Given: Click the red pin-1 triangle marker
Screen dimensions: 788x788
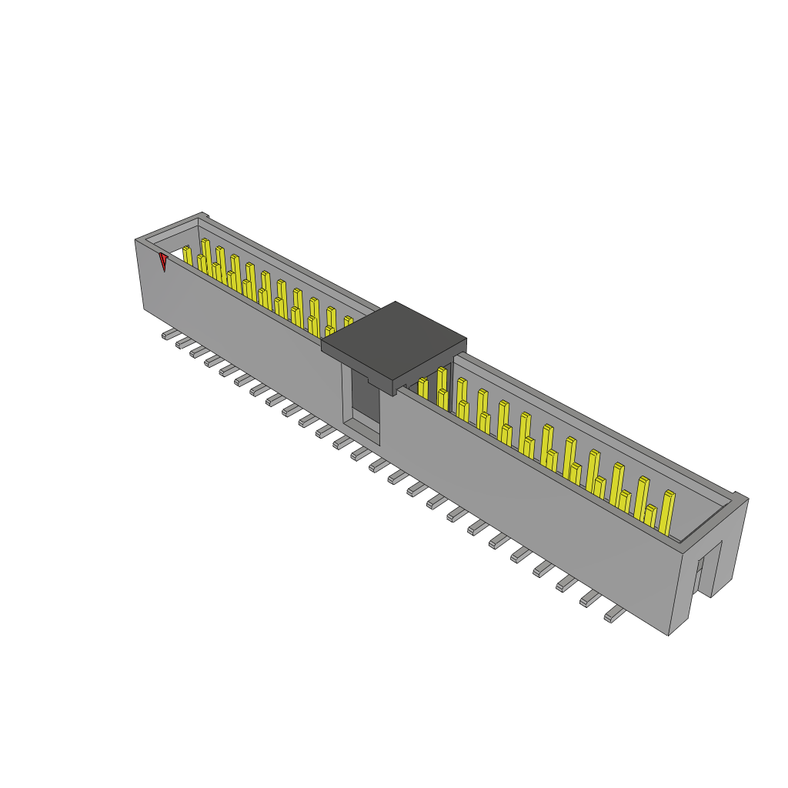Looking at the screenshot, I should (x=163, y=262).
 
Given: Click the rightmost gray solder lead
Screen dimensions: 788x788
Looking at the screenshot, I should (x=614, y=613).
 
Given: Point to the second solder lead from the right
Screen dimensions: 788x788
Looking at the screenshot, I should (x=590, y=598).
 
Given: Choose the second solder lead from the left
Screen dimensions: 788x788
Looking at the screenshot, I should (x=183, y=343).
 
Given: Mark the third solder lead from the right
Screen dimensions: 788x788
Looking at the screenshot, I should (x=567, y=583).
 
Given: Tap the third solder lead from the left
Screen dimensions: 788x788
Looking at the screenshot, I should (x=198, y=352).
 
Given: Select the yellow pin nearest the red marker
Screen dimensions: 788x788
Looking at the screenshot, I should (x=187, y=255).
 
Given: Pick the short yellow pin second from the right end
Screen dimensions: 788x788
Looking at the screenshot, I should (x=650, y=516).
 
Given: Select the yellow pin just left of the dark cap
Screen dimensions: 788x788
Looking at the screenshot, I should (x=348, y=321).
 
